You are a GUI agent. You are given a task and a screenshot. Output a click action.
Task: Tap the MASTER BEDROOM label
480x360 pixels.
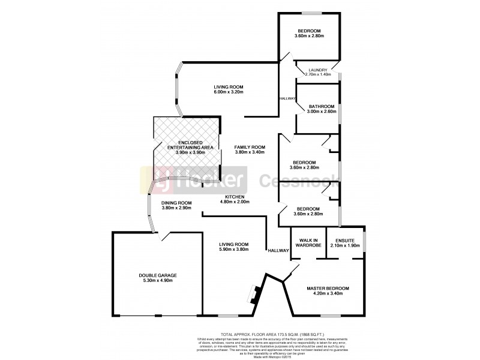[328, 289]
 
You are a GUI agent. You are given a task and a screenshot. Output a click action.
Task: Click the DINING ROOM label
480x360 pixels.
[176, 202]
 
